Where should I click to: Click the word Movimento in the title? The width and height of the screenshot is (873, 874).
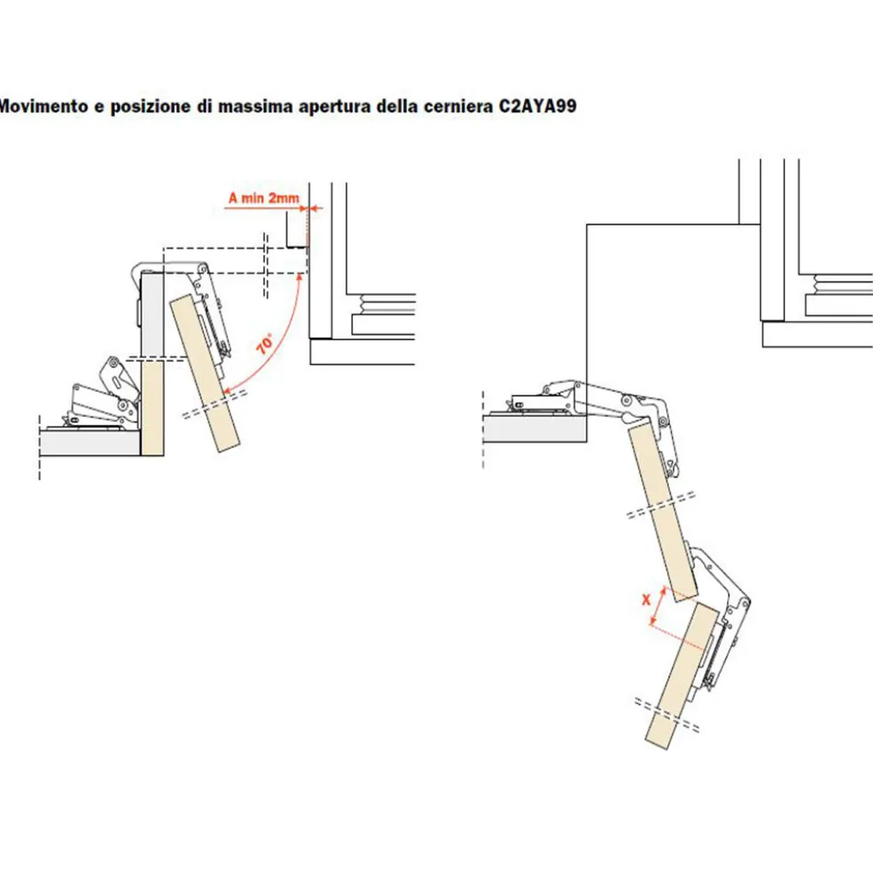pyautogui.click(x=44, y=106)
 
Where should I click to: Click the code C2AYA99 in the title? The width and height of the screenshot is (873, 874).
pyautogui.click(x=537, y=106)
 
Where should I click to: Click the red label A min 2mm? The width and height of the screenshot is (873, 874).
pyautogui.click(x=264, y=198)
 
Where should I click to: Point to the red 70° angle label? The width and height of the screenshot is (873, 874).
pyautogui.click(x=265, y=344)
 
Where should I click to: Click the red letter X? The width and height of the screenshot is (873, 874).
pyautogui.click(x=646, y=600)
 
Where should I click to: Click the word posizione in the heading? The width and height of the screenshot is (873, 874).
pyautogui.click(x=151, y=106)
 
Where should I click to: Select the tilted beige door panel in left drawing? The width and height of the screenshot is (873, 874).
pyautogui.click(x=205, y=373)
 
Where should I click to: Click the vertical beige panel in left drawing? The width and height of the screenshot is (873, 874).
pyautogui.click(x=151, y=408)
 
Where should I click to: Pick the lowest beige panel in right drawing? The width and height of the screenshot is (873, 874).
pyautogui.click(x=681, y=675)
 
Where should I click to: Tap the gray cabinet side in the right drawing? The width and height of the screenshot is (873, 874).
pyautogui.click(x=534, y=429)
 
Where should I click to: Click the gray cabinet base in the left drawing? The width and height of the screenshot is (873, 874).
pyautogui.click(x=90, y=443)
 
